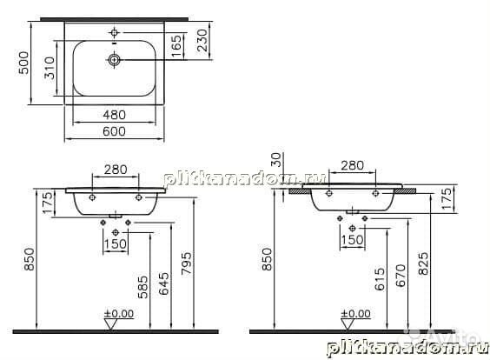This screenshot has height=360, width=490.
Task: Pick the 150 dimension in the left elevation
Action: click(x=116, y=243)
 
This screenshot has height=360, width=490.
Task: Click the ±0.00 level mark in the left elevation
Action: click(x=116, y=313)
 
